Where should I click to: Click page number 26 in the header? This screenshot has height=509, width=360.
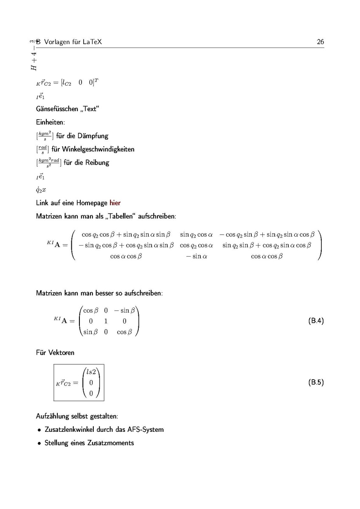(320, 42)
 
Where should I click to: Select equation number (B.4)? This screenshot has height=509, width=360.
(316, 321)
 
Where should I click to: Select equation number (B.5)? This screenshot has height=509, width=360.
(316, 382)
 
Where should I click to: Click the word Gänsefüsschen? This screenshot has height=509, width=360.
(55, 109)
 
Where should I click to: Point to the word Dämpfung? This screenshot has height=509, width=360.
(93, 136)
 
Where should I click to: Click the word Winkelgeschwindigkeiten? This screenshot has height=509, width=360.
(98, 149)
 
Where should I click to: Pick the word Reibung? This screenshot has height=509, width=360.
(98, 162)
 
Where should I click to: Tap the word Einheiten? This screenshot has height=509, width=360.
(50, 123)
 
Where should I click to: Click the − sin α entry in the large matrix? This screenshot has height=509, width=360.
(196, 256)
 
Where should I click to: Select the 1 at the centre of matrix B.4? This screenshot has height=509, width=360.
(106, 321)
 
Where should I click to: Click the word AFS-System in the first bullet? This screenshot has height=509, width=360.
(146, 430)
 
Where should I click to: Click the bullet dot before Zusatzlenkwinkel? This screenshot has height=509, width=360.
(39, 430)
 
